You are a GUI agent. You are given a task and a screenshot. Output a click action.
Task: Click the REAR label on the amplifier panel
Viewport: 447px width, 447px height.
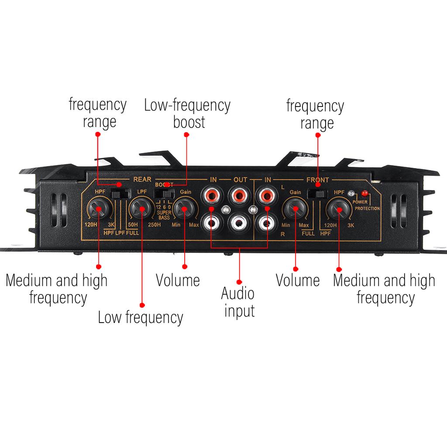[x=142, y=179]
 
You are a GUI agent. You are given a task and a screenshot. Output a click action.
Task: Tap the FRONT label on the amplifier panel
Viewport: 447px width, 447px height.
[x=318, y=180]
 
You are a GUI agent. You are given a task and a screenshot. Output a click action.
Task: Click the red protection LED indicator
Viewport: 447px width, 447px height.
[x=364, y=193]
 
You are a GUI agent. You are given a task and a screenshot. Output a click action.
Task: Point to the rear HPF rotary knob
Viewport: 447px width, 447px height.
[x=99, y=209]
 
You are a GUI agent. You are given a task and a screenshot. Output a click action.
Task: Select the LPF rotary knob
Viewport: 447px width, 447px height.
[x=141, y=209]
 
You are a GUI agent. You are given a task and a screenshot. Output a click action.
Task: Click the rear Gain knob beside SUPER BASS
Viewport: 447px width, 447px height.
[x=185, y=209]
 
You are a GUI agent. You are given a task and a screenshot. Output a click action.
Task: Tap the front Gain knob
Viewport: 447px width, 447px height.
[x=296, y=209]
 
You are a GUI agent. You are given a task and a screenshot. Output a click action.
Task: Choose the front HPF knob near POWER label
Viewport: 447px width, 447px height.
[x=339, y=210]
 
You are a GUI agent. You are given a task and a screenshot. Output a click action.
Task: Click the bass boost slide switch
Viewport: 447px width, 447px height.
[x=164, y=194]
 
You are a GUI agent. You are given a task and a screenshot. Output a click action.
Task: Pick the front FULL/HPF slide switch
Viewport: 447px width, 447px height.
[x=317, y=194]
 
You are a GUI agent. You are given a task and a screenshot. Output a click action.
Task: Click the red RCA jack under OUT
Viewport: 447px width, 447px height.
[x=239, y=196]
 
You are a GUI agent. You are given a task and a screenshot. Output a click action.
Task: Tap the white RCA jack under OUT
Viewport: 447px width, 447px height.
[x=239, y=223]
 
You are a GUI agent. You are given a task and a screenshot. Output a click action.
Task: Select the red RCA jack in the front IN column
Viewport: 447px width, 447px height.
[x=266, y=196]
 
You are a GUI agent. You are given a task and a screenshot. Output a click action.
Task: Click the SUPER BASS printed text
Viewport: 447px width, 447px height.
[x=164, y=215]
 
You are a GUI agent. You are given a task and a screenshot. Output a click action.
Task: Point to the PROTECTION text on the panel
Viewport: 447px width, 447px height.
[x=367, y=208]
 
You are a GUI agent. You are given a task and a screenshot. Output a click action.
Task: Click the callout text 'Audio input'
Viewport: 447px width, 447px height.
[x=238, y=302]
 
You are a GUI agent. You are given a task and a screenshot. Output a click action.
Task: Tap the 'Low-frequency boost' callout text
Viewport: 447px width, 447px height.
[x=187, y=113]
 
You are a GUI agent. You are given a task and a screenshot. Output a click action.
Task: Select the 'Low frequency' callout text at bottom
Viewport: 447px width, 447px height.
[x=141, y=318]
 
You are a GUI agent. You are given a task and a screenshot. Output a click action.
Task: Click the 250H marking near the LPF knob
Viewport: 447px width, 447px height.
[x=154, y=225]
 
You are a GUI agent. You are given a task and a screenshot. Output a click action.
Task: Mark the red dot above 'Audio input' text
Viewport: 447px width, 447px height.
[x=239, y=282]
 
